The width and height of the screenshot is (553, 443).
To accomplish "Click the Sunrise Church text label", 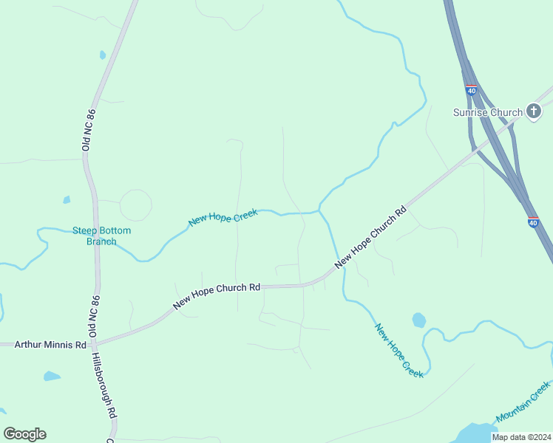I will tap(488, 112).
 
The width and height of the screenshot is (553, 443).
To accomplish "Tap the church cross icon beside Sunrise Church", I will tap(534, 111).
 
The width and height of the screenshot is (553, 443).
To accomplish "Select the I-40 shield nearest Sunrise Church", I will tap(472, 90).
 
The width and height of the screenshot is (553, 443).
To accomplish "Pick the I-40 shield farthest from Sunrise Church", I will tap(534, 221).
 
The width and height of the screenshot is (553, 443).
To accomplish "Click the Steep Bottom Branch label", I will tap(101, 236).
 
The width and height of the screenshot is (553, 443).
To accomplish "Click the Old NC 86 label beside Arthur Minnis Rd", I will tap(94, 317).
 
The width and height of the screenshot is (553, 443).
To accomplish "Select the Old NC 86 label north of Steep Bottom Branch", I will tap(86, 128).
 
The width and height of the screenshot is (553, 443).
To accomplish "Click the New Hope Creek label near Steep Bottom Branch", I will tap(223, 218).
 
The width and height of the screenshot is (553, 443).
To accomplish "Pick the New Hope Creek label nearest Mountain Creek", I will tap(398, 351).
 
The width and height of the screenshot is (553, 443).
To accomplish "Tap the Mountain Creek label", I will tap(523, 402).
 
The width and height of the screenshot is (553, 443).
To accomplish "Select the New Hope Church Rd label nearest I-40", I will tap(370, 236).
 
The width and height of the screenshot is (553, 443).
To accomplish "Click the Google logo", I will tap(24, 434).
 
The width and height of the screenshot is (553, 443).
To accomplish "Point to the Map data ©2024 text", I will tap(520, 437).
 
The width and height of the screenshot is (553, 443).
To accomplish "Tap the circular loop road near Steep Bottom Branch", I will tap(135, 205).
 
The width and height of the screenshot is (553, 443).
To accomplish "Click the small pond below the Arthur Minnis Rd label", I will tap(51, 377).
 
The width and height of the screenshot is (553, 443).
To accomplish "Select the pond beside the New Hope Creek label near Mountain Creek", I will tap(418, 320).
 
